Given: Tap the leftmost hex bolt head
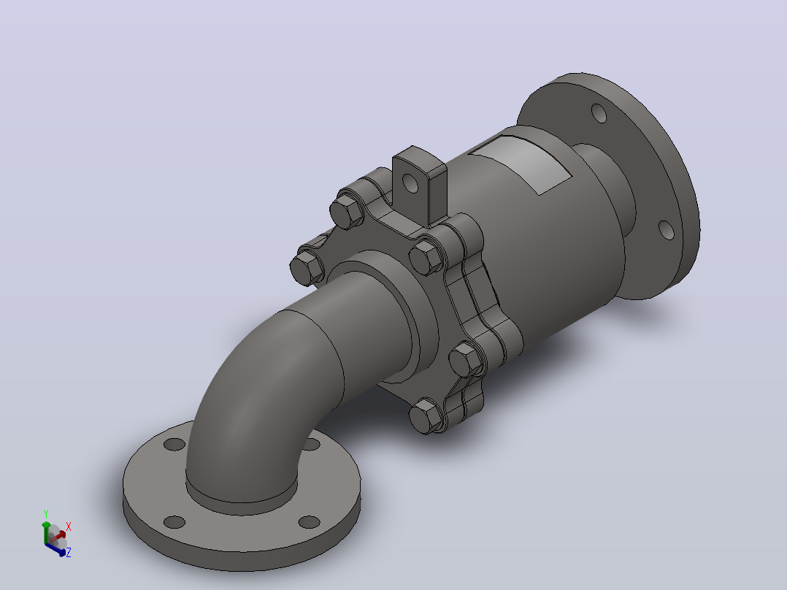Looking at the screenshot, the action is click(x=307, y=267).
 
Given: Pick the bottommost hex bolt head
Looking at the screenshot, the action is click(x=425, y=415).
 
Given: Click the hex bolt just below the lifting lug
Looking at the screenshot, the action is click(x=426, y=257).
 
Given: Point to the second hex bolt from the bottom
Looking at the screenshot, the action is click(x=465, y=359).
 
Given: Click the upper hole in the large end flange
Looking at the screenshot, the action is click(x=599, y=113).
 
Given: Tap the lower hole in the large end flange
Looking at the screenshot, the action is click(x=666, y=230).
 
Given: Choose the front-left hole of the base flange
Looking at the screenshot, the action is click(x=174, y=522).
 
